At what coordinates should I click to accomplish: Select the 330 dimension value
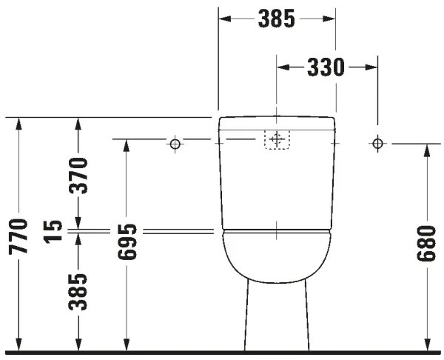click(x=326, y=67)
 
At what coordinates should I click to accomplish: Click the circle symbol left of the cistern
click(x=175, y=143)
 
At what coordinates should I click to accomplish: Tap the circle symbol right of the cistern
click(x=377, y=143)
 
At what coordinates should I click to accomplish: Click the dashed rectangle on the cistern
click(x=276, y=139)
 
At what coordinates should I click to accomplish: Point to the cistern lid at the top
click(x=277, y=121)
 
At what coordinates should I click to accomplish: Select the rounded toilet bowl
click(x=276, y=256)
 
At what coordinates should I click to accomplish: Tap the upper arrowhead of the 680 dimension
click(x=426, y=150)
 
